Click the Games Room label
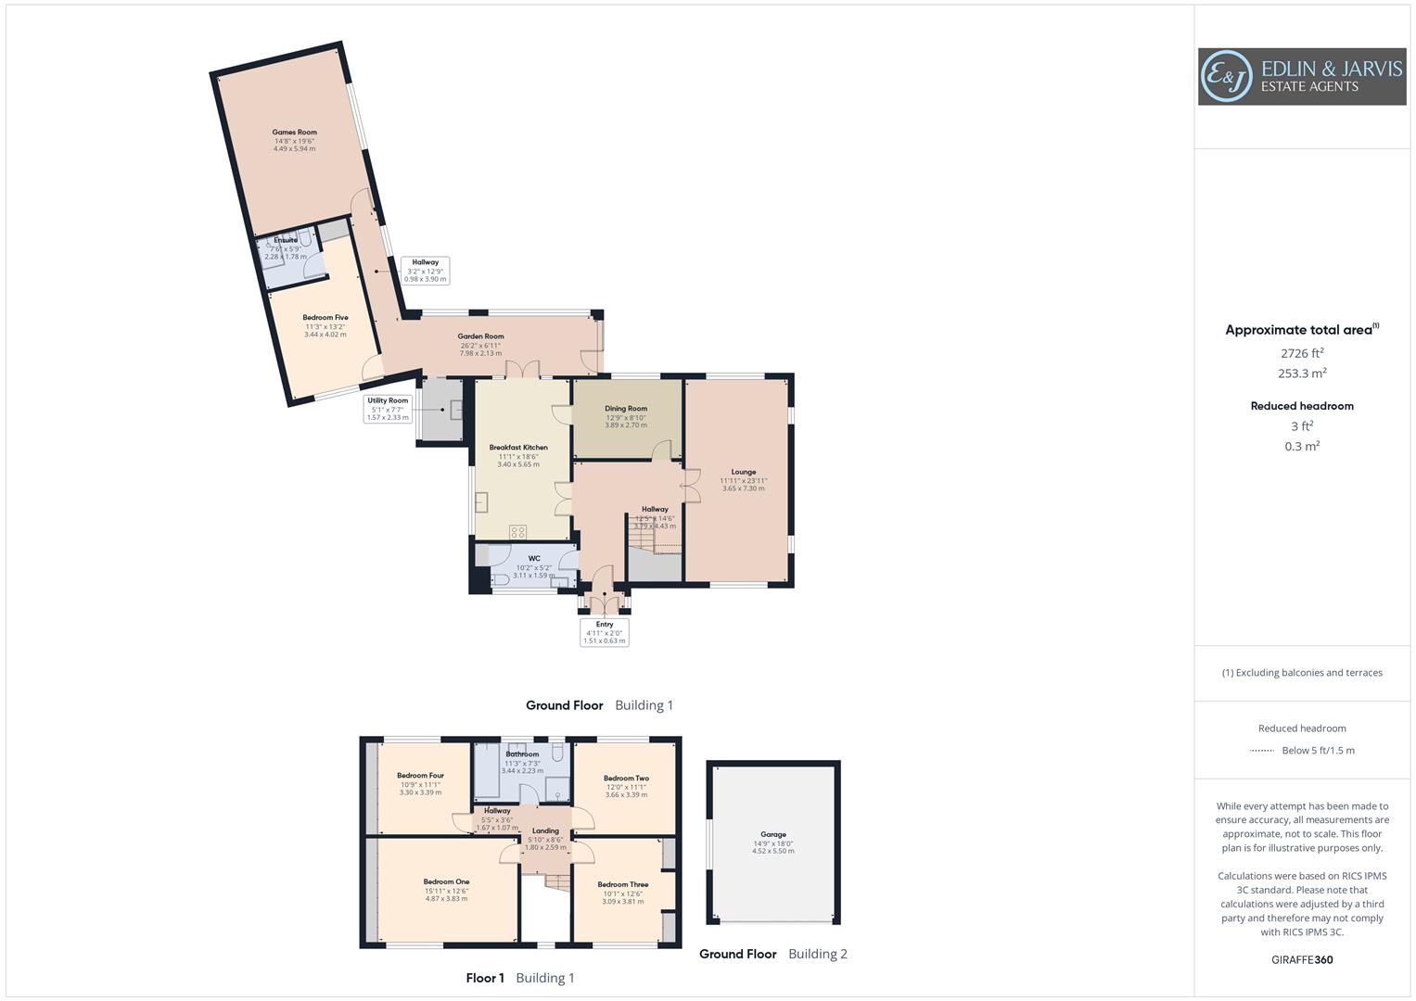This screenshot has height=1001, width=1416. (294, 133)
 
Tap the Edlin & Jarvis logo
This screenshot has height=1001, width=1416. (1301, 77)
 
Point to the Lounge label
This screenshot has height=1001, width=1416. (743, 472)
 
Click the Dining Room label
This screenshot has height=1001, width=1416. (626, 409)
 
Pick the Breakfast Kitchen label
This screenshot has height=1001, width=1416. (518, 448)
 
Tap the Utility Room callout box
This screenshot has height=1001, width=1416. (388, 409)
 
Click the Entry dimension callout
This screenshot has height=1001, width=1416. (605, 632)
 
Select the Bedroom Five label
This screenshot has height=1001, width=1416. (325, 318)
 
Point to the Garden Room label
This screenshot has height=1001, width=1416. (480, 337)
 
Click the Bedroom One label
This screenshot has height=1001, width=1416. (446, 882)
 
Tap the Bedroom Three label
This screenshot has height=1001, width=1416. (622, 885)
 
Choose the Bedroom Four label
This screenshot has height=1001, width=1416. (420, 776)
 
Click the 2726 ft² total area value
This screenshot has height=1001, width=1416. (1301, 353)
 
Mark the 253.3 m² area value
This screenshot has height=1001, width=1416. (1301, 374)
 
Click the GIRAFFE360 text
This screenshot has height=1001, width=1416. (1301, 959)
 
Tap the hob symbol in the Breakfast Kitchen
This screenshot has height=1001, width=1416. (518, 532)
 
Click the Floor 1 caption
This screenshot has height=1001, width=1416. (485, 978)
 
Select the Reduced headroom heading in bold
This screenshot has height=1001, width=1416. (1301, 406)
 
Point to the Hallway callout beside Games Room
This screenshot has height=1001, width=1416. (426, 271)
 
